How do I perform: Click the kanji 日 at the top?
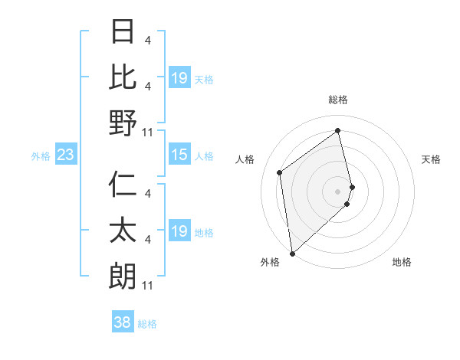(123, 32)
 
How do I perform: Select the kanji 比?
(123, 77)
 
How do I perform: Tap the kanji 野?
(123, 123)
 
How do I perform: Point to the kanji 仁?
(123, 185)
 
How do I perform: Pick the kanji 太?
(123, 231)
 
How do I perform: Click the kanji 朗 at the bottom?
(123, 277)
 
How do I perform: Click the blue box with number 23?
(65, 155)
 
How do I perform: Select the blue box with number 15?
(179, 155)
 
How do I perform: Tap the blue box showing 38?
(123, 322)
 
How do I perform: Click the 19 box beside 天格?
(179, 78)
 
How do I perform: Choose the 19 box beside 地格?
(179, 231)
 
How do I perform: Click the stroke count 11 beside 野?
(149, 133)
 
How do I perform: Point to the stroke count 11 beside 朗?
(149, 286)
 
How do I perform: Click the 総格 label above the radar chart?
(338, 100)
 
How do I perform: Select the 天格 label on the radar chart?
(431, 159)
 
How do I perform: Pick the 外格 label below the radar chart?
(269, 262)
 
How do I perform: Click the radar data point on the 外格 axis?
(292, 253)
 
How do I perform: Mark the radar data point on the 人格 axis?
(280, 172)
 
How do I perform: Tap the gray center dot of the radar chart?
(338, 191)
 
